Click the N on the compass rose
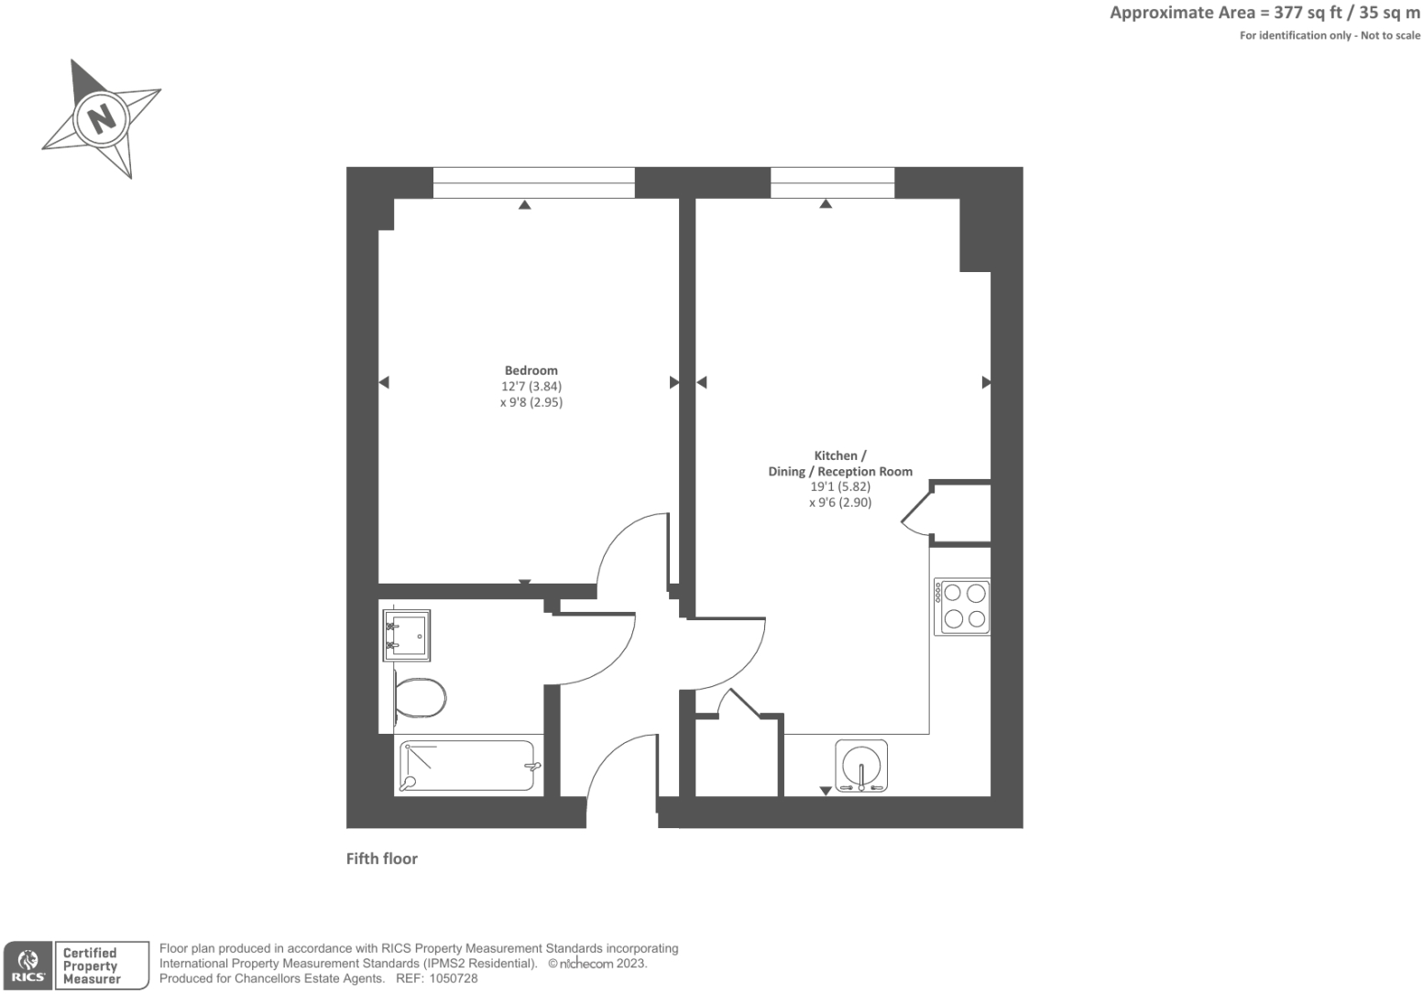pyautogui.click(x=102, y=118)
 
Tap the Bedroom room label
pyautogui.click(x=531, y=370)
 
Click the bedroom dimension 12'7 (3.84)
pyautogui.click(x=531, y=386)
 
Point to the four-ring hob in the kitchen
pyautogui.click(x=961, y=606)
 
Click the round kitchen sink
pyautogui.click(x=861, y=765)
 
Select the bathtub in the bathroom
pyautogui.click(x=467, y=766)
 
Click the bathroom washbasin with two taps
pyautogui.click(x=407, y=635)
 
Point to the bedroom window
pyautogui.click(x=533, y=182)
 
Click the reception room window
pyautogui.click(x=832, y=182)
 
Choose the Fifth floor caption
pyautogui.click(x=381, y=858)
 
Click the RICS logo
pyautogui.click(x=27, y=966)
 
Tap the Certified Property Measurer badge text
pyautogui.click(x=92, y=966)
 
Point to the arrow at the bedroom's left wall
pyautogui.click(x=384, y=382)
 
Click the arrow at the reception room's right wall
pyautogui.click(x=986, y=382)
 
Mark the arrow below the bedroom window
pyautogui.click(x=524, y=205)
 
